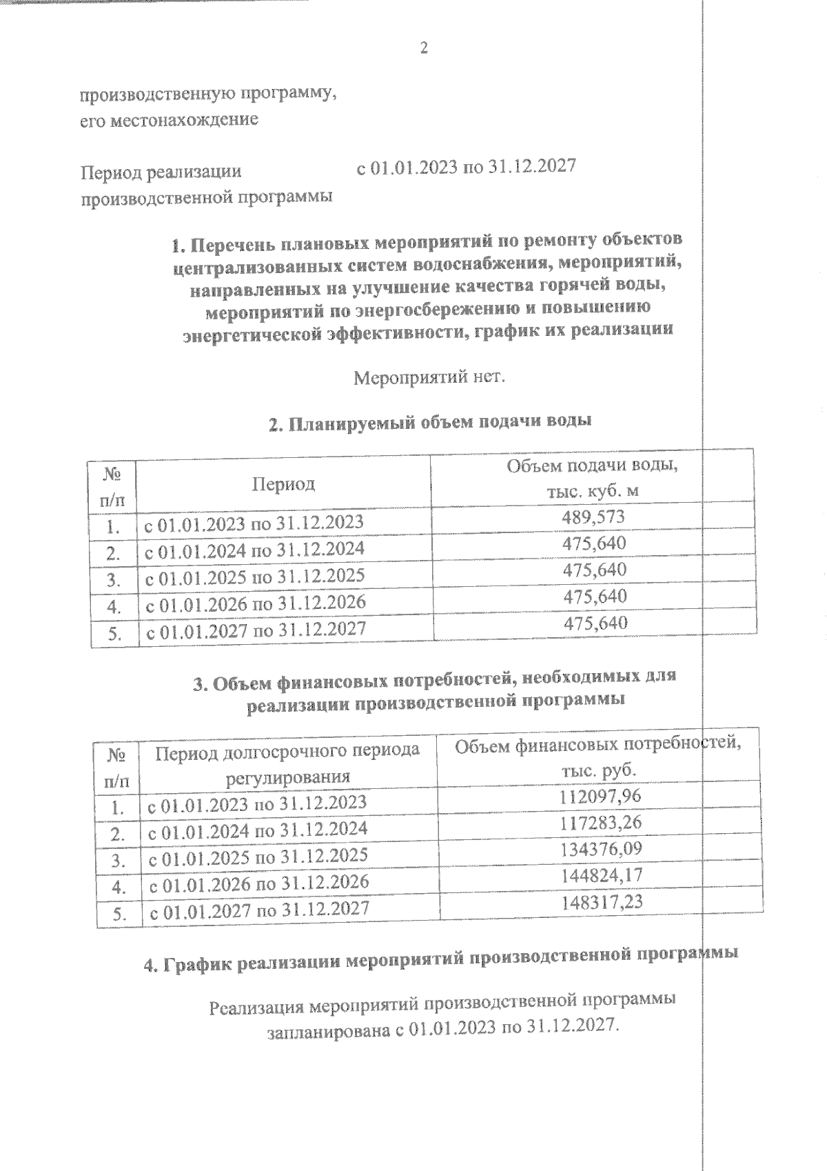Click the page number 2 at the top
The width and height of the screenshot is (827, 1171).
pos(424,48)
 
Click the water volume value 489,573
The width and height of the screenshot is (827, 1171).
pos(594,517)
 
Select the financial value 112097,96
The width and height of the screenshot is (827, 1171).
pos(600,797)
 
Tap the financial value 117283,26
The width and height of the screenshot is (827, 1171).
pos(600,823)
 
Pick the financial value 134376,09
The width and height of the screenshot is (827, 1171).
pos(600,849)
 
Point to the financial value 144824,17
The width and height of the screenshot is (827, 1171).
pos(600,875)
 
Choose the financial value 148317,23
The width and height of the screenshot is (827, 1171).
pos(600,901)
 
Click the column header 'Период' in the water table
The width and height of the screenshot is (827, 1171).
pos(283,483)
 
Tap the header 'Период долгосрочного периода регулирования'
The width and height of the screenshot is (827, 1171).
pos(287,763)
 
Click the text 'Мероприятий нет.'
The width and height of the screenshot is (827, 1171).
pos(429,378)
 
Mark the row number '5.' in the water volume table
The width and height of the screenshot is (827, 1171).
pos(115,634)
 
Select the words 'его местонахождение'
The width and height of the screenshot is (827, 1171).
pos(170,119)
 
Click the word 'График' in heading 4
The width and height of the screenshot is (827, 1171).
pos(196,962)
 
